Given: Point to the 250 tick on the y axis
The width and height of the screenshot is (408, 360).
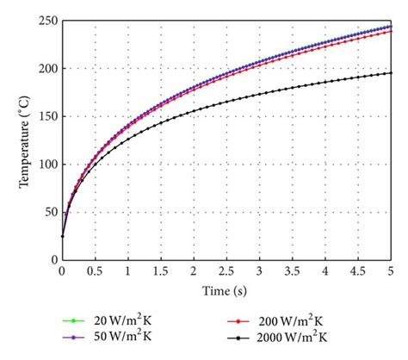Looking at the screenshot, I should [x=46, y=21].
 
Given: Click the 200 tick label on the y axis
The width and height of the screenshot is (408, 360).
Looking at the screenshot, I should [x=46, y=69].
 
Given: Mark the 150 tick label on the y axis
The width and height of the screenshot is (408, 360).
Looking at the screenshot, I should [x=46, y=116].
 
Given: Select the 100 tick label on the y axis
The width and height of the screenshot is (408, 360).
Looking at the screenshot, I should [x=46, y=164].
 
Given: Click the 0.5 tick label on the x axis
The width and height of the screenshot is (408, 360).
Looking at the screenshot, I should [x=95, y=271].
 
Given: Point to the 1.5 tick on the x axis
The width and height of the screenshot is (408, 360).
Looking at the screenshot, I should [x=161, y=271].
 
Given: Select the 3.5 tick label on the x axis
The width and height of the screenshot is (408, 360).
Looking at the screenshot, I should [x=293, y=271].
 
